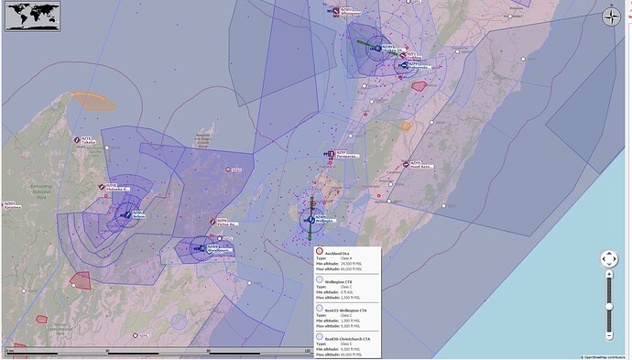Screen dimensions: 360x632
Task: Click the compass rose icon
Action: coord(612,16)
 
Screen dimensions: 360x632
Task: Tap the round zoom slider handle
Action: coord(609,305)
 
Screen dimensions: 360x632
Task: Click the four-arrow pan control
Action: coord(609,261)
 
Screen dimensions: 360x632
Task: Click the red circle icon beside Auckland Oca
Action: coord(319,252)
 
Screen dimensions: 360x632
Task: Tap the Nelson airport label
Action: coord(137,215)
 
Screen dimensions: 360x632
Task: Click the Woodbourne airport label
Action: coord(218,248)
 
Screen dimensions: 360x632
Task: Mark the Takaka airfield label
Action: coord(88,141)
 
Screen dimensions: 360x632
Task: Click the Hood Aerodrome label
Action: coord(420,166)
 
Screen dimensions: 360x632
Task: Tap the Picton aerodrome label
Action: coord(226,224)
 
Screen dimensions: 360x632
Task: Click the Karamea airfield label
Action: coord(11,205)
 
